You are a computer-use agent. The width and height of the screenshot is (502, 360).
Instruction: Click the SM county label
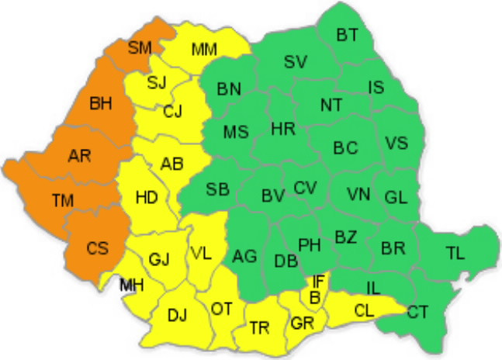click(x=140, y=48)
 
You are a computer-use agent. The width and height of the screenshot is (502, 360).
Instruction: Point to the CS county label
click(x=97, y=248)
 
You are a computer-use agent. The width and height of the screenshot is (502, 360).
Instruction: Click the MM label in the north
click(x=204, y=50)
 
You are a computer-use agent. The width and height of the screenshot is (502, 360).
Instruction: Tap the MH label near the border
click(x=132, y=286)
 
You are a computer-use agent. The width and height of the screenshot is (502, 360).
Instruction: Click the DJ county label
click(x=178, y=314)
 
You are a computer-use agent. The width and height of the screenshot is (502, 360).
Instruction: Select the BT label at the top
click(x=348, y=34)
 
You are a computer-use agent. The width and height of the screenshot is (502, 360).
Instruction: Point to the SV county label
click(x=296, y=61)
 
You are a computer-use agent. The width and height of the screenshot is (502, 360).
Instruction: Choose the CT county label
click(x=417, y=312)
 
